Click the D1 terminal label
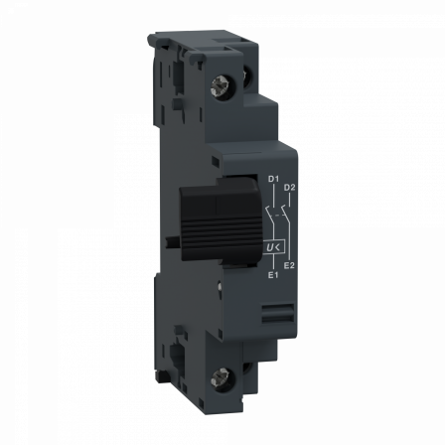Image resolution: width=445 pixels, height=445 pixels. (x=273, y=178)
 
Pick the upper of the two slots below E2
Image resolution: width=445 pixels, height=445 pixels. (x=279, y=310)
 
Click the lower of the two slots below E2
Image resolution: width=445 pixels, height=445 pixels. (x=279, y=320)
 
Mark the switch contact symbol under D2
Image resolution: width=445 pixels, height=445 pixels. (x=286, y=214)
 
